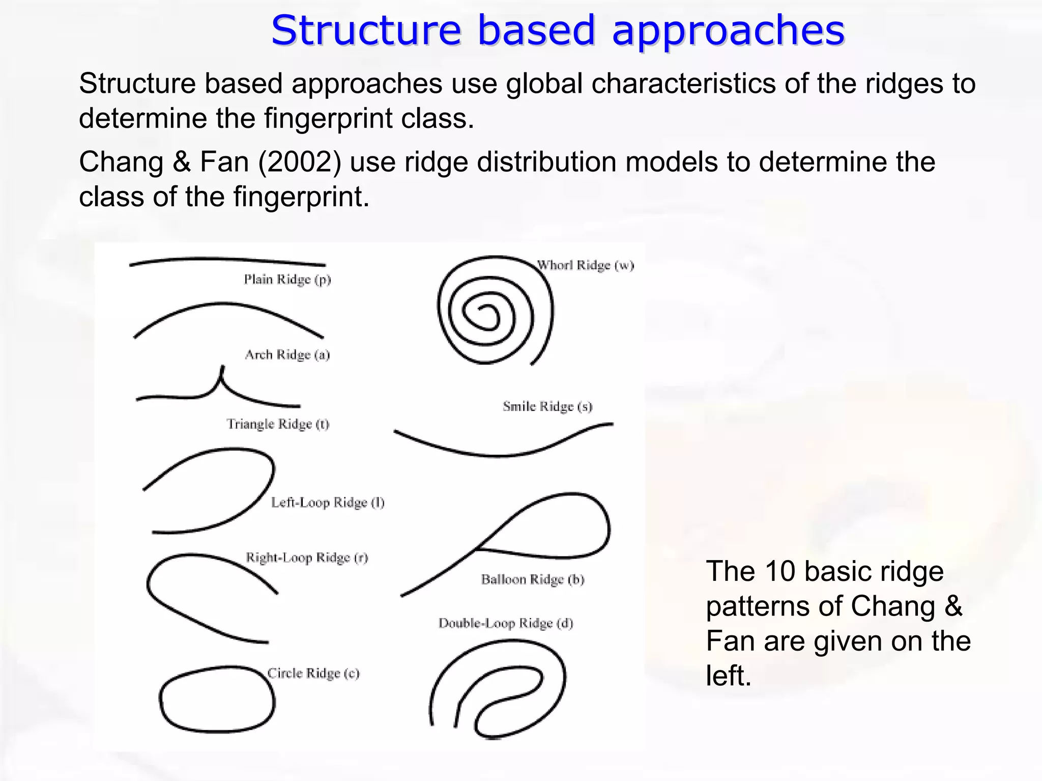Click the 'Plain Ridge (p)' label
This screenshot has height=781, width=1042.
tap(287, 280)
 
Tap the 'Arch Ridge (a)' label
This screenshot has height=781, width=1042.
tap(287, 355)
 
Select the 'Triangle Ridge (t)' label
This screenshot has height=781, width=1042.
tap(278, 424)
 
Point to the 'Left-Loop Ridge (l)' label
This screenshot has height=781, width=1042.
tap(328, 503)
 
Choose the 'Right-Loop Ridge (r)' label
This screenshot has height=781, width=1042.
tap(307, 558)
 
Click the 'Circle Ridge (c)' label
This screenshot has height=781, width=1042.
tap(313, 674)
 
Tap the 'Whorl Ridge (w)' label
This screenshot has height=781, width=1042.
tap(585, 265)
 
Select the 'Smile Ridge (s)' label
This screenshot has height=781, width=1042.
tap(547, 407)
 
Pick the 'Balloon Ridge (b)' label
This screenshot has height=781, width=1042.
tap(533, 580)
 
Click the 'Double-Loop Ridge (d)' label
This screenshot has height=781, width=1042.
tap(506, 624)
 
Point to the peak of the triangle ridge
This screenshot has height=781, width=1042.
tap(222, 368)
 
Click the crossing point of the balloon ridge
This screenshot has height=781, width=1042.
tap(477, 548)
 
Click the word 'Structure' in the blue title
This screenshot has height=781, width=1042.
tap(365, 31)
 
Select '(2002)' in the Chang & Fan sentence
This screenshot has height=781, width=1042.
tap(299, 162)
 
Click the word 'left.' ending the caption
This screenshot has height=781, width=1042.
tap(729, 676)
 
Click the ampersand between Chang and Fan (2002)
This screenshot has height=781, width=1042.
tap(182, 162)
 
